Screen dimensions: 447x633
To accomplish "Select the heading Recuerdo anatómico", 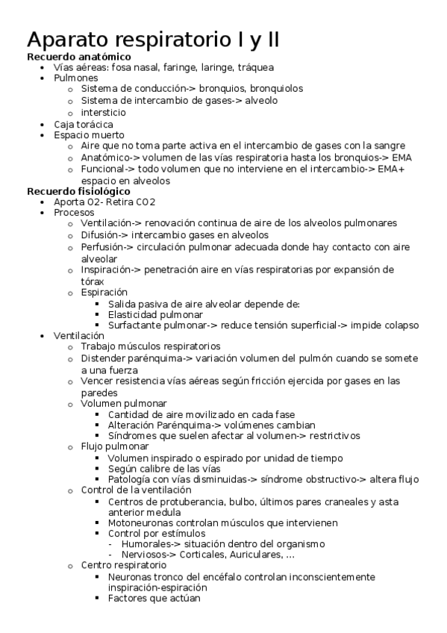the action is pyautogui.click(x=79, y=57).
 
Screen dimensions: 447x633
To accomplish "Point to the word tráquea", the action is pyautogui.click(x=255, y=67).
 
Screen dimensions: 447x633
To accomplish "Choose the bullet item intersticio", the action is pyautogui.click(x=104, y=112).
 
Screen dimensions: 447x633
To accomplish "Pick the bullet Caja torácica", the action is pyautogui.click(x=84, y=124).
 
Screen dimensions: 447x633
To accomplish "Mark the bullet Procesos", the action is pyautogui.click(x=74, y=213).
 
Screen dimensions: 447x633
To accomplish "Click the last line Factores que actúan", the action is pyautogui.click(x=154, y=598).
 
